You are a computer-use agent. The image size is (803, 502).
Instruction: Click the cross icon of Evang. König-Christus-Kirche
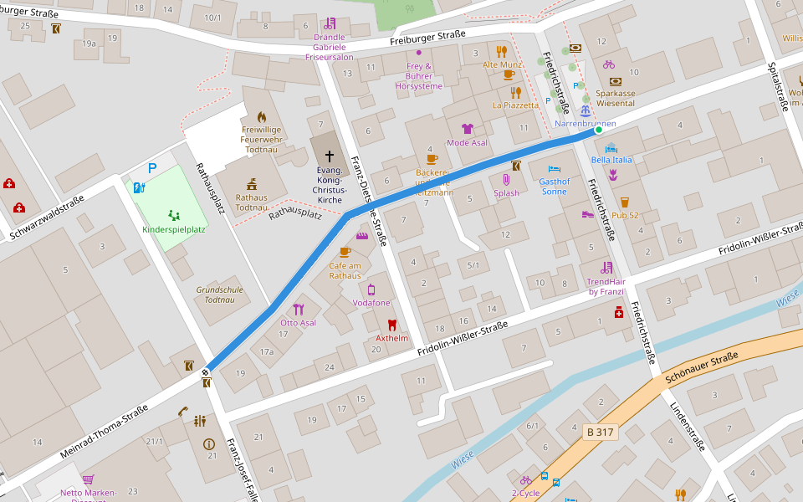[329, 156]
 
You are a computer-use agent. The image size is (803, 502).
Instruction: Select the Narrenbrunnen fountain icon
[586, 110]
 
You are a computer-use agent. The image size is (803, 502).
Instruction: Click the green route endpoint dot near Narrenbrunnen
[598, 130]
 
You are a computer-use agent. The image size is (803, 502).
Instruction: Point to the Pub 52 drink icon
[624, 202]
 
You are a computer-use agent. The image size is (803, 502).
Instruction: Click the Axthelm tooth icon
[391, 325]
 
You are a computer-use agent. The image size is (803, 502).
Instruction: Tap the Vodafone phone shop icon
[371, 289]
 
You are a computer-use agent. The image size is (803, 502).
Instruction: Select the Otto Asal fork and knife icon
[299, 309]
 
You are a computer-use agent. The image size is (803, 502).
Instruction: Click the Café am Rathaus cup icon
[345, 251]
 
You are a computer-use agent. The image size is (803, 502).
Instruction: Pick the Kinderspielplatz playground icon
[173, 215]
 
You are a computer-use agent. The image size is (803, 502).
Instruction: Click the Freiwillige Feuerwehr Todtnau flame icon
[261, 117]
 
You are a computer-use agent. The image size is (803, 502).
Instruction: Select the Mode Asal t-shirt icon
[467, 129]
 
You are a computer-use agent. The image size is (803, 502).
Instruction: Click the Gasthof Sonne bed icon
[554, 168]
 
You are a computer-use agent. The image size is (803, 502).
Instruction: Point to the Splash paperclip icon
[506, 179]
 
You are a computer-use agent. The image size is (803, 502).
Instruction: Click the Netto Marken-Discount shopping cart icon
[88, 479]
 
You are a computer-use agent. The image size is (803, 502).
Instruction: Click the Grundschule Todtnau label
[219, 295]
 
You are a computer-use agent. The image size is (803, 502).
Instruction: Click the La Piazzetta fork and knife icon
[515, 92]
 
